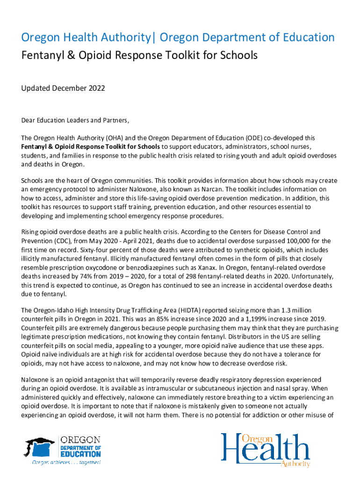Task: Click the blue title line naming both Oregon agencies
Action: [x=178, y=37]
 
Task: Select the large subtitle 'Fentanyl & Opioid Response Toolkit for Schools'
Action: [x=139, y=56]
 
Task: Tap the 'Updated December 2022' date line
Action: [x=63, y=88]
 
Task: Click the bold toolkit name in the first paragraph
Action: [x=91, y=147]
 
